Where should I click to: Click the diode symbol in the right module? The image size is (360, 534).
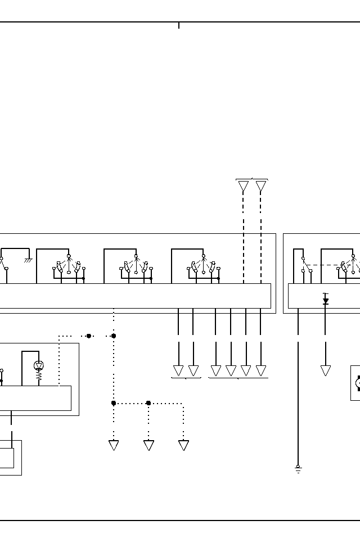(325, 301)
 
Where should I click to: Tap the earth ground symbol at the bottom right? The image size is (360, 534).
(298, 469)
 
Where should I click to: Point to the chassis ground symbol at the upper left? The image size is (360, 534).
(28, 260)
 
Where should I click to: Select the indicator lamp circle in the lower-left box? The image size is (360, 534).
(39, 365)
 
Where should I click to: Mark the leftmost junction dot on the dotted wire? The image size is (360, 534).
(89, 336)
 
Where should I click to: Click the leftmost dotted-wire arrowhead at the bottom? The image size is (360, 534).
(114, 445)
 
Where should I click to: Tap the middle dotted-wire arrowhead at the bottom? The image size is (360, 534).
(148, 445)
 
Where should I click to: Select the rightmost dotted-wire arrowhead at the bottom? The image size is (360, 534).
(183, 445)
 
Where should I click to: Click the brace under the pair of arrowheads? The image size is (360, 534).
(186, 378)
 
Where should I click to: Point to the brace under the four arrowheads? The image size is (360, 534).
(238, 378)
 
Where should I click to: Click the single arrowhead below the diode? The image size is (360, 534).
(325, 370)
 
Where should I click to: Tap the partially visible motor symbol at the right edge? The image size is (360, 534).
(357, 383)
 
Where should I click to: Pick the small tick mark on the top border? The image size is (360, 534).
(179, 25)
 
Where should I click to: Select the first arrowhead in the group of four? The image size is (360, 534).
(215, 370)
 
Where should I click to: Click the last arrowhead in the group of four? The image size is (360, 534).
(261, 370)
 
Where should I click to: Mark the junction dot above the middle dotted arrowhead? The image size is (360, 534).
(148, 403)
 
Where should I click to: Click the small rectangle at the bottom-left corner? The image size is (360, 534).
(7, 458)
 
